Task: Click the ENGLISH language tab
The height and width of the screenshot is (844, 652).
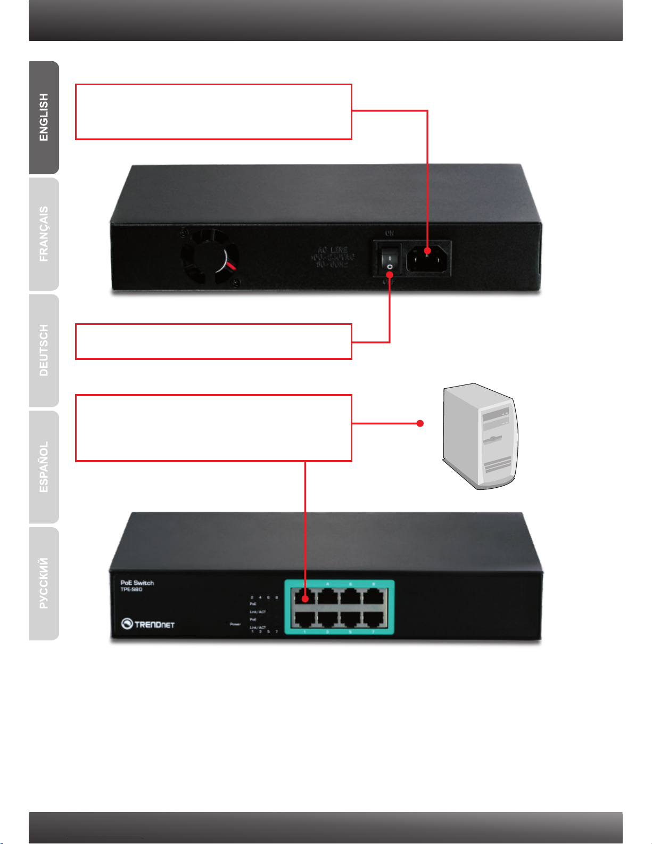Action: click(44, 117)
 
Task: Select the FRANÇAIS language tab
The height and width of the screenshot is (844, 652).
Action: click(44, 234)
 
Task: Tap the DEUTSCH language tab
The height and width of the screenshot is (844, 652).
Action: click(44, 350)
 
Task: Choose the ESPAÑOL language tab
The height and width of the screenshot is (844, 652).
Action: click(44, 467)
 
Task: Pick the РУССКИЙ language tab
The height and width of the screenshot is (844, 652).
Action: click(44, 583)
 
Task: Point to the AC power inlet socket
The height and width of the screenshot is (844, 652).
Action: click(428, 257)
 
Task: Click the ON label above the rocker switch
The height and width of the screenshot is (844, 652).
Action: click(389, 233)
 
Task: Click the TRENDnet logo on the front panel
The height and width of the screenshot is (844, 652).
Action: click(148, 624)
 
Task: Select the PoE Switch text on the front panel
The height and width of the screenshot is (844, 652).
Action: click(137, 583)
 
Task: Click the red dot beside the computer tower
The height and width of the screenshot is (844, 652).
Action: click(420, 423)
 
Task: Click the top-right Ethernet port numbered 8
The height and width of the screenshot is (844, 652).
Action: click(374, 596)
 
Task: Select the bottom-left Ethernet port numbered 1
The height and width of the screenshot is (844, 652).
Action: click(304, 619)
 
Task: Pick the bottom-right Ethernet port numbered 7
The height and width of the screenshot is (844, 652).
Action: click(374, 619)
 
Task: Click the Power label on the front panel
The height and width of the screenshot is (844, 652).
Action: click(235, 624)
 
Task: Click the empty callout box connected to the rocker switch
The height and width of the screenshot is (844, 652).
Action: click(213, 341)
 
